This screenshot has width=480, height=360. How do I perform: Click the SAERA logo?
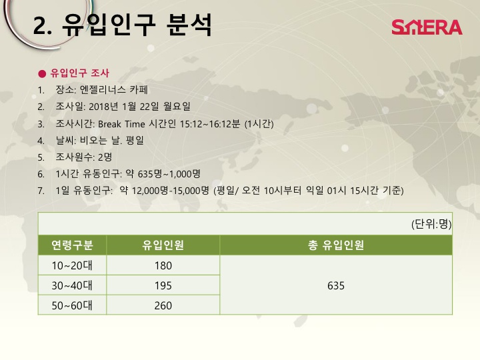tap(427, 27)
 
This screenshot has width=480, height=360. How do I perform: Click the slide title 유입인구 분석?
tap(137, 25)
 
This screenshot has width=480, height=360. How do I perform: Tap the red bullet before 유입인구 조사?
tap(42, 73)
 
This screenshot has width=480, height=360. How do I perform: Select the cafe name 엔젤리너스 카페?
tap(113, 90)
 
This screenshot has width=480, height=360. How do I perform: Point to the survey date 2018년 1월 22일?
tap(124, 107)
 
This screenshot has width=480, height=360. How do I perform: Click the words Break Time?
tap(121, 124)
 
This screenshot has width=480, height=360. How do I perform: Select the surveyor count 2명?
tap(105, 157)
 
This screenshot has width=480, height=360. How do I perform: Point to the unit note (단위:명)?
tap(431, 224)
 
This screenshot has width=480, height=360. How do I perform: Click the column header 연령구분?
tap(72, 245)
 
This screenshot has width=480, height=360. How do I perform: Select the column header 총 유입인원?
tap(336, 245)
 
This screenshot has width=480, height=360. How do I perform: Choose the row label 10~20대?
tap(72, 265)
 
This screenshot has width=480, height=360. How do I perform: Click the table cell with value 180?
tap(163, 265)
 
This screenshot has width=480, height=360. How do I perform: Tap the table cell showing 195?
tap(163, 285)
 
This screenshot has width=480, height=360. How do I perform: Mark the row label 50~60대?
tap(72, 305)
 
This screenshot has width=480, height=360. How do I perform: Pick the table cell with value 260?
tap(163, 305)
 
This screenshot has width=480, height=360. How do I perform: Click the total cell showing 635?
tap(336, 285)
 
